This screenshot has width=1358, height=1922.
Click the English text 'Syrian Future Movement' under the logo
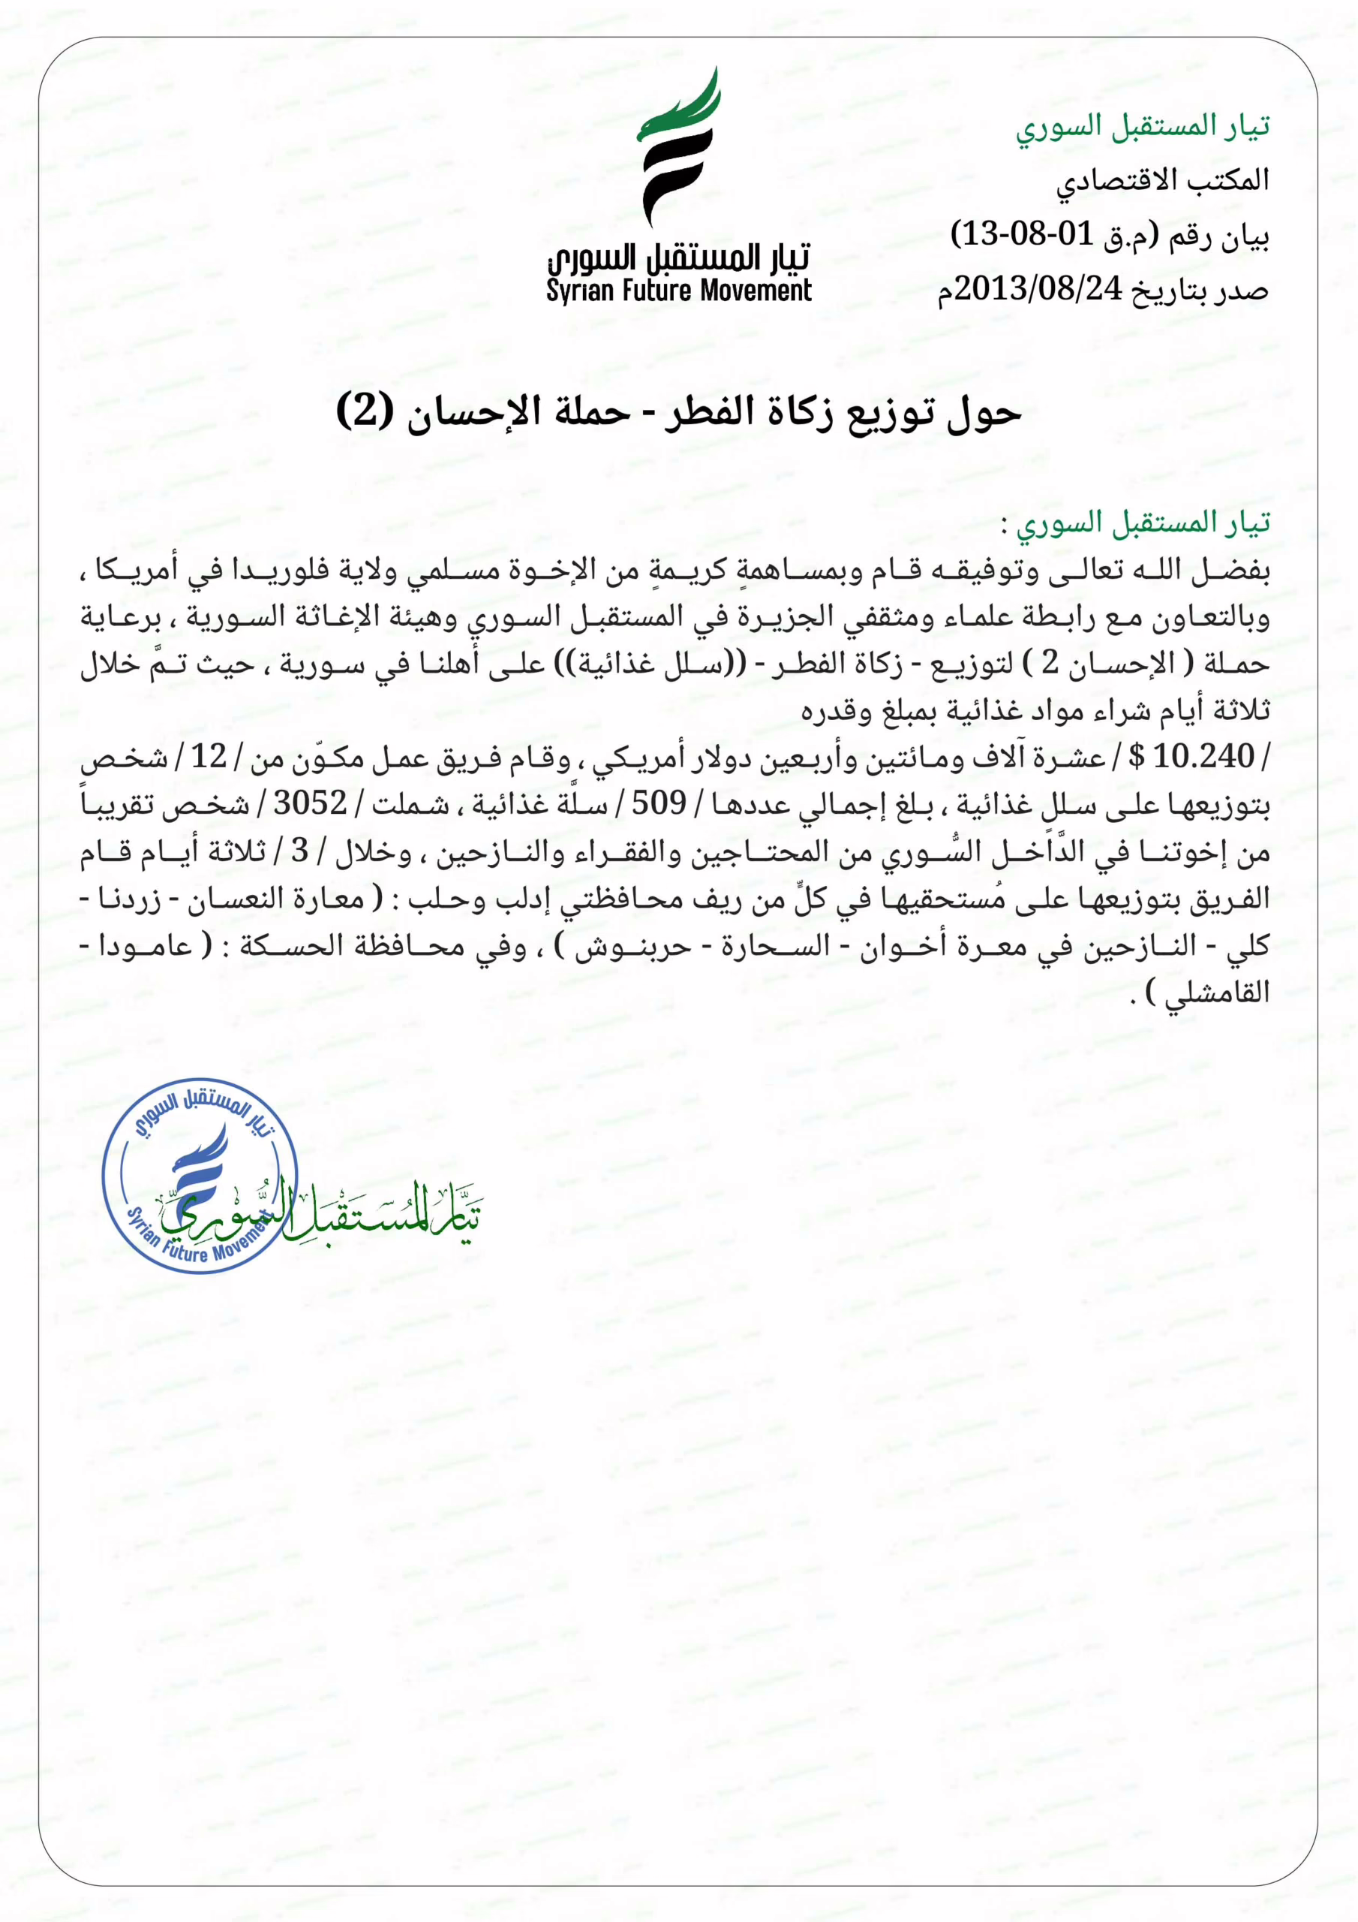coord(678,291)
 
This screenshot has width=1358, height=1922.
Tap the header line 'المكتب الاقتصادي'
coord(1162,180)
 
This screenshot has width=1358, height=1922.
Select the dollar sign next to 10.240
coord(1136,757)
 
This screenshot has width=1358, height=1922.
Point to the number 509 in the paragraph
coord(659,803)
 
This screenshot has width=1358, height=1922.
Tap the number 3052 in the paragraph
coord(311,803)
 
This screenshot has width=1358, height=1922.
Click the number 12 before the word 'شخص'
coord(209,757)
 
